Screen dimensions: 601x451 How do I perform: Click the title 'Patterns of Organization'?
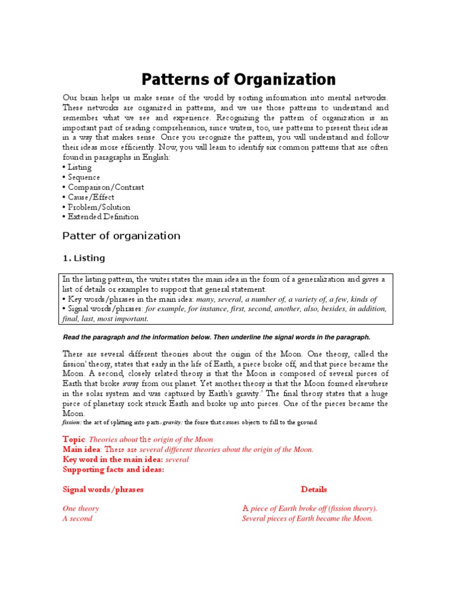point(238,79)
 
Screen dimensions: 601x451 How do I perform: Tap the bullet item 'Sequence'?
point(83,177)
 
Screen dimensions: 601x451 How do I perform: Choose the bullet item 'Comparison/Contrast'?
point(106,187)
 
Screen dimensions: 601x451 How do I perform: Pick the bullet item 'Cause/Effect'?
point(91,197)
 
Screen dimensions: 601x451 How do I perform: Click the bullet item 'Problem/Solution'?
point(99,207)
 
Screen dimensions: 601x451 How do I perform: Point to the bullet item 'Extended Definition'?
point(103,217)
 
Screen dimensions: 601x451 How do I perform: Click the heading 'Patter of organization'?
point(121,236)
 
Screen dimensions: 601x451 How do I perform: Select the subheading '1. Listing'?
point(83,258)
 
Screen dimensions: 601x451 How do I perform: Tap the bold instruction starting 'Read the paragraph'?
point(216,337)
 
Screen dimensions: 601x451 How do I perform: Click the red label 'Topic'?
point(74,440)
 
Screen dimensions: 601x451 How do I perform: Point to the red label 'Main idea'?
point(81,450)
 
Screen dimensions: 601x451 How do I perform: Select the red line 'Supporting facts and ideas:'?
point(113,470)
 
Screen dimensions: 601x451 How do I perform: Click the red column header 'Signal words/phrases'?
point(103,489)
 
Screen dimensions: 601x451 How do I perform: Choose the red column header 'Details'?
point(314,489)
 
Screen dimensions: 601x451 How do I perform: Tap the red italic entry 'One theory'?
point(80,509)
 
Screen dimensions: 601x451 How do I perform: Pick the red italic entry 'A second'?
point(78,519)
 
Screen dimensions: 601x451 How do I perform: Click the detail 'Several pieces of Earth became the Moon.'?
point(307,519)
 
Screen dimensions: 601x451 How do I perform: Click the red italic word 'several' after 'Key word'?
point(177,460)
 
